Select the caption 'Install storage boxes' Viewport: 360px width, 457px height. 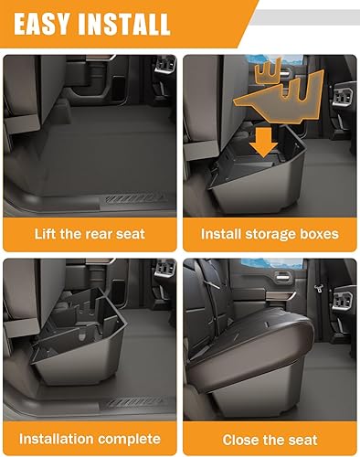[269, 234]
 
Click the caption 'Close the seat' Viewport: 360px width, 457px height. [269, 439]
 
